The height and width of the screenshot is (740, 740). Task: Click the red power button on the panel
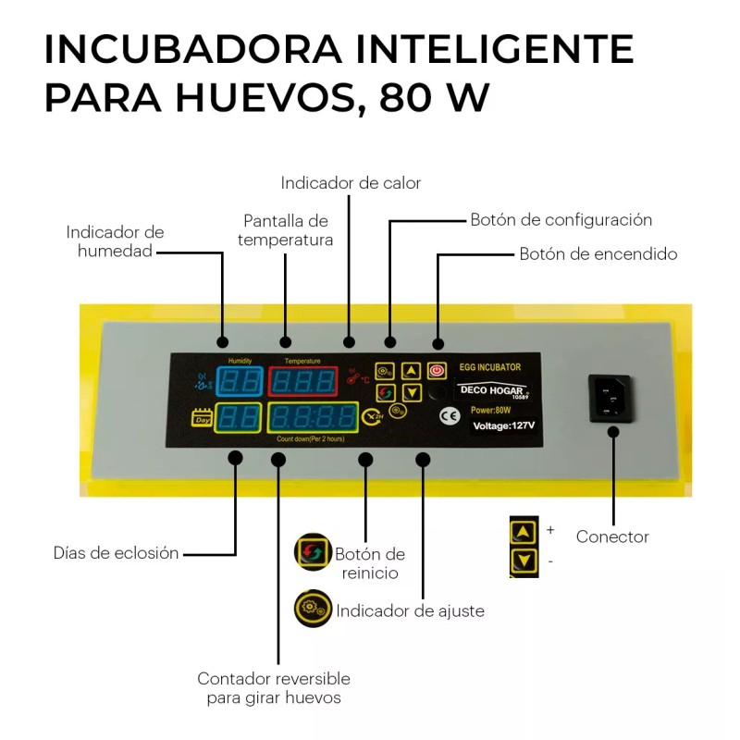438,371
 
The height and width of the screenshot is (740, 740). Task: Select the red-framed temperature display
301,380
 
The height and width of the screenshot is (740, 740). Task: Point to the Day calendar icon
202,419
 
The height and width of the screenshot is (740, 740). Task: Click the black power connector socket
610,399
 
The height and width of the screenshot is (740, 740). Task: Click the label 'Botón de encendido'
598,253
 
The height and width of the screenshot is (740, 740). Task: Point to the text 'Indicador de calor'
351,183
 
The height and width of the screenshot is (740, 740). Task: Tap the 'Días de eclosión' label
116,553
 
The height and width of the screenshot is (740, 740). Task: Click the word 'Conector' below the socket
612,536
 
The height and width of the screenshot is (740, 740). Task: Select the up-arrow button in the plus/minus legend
524,532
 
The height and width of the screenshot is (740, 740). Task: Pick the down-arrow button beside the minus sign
524,561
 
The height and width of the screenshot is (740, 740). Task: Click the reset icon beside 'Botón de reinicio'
312,551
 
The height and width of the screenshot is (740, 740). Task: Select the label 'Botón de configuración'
561,220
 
